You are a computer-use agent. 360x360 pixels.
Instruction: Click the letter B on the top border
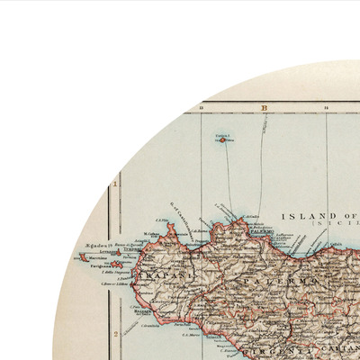pos(265,108)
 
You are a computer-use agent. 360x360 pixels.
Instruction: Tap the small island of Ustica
pos(223,139)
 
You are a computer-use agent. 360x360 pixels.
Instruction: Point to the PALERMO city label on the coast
pos(262,231)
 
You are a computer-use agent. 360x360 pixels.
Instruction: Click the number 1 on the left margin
pos(115,186)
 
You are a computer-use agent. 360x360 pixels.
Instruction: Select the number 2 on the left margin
pos(115,331)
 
